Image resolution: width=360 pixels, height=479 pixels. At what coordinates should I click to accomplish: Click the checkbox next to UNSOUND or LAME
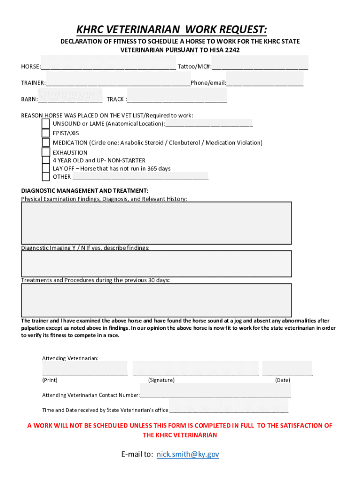click(46, 123)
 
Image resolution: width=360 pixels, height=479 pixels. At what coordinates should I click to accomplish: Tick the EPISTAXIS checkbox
click(46, 133)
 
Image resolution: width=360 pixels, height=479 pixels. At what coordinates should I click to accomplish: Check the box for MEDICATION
click(46, 143)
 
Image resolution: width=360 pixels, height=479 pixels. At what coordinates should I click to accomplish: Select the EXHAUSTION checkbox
click(46, 152)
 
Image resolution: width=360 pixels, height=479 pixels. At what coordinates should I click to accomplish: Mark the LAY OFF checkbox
click(46, 168)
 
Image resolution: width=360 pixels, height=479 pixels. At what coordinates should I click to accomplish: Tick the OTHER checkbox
click(46, 176)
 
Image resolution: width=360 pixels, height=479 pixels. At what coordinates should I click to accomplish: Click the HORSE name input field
click(108, 63)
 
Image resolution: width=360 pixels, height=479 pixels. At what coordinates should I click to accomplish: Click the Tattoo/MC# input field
click(260, 63)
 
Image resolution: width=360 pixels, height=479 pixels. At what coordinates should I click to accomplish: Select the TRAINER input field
click(118, 79)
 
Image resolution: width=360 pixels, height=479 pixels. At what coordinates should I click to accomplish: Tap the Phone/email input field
click(265, 79)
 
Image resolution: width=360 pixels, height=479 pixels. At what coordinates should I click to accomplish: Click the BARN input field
click(70, 95)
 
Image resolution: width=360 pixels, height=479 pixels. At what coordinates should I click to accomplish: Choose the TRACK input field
click(177, 95)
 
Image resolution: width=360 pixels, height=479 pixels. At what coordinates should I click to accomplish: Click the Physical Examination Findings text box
click(157, 223)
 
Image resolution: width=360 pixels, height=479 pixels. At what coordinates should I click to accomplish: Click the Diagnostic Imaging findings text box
click(157, 264)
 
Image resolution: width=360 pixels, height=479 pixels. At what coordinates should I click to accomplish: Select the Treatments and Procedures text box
click(157, 300)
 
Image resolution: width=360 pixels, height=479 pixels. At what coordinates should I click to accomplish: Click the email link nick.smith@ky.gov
click(187, 454)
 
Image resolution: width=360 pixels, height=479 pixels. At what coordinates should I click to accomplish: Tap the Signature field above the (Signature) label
click(195, 368)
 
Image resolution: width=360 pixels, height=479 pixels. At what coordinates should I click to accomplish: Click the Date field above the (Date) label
click(287, 368)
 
